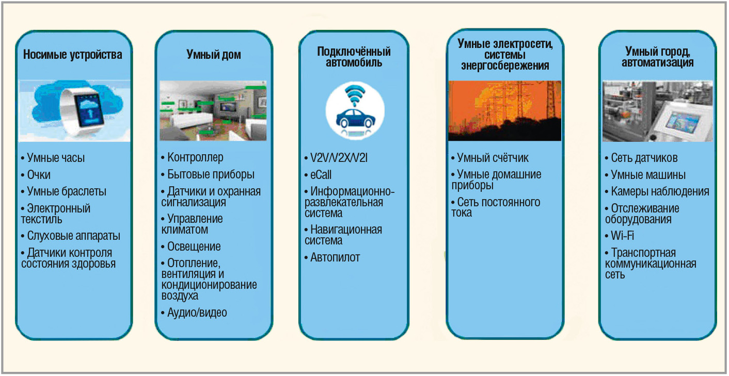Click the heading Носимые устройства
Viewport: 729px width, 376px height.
[x=73, y=55]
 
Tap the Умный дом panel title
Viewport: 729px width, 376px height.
[x=214, y=55]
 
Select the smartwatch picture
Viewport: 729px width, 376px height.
[x=74, y=110]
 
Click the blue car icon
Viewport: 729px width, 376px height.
[x=355, y=119]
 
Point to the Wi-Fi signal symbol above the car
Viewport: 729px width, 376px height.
[x=355, y=94]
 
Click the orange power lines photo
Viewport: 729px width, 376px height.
[x=505, y=110]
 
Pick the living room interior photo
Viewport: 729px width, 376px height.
[x=213, y=110]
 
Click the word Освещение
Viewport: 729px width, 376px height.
[x=194, y=247]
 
